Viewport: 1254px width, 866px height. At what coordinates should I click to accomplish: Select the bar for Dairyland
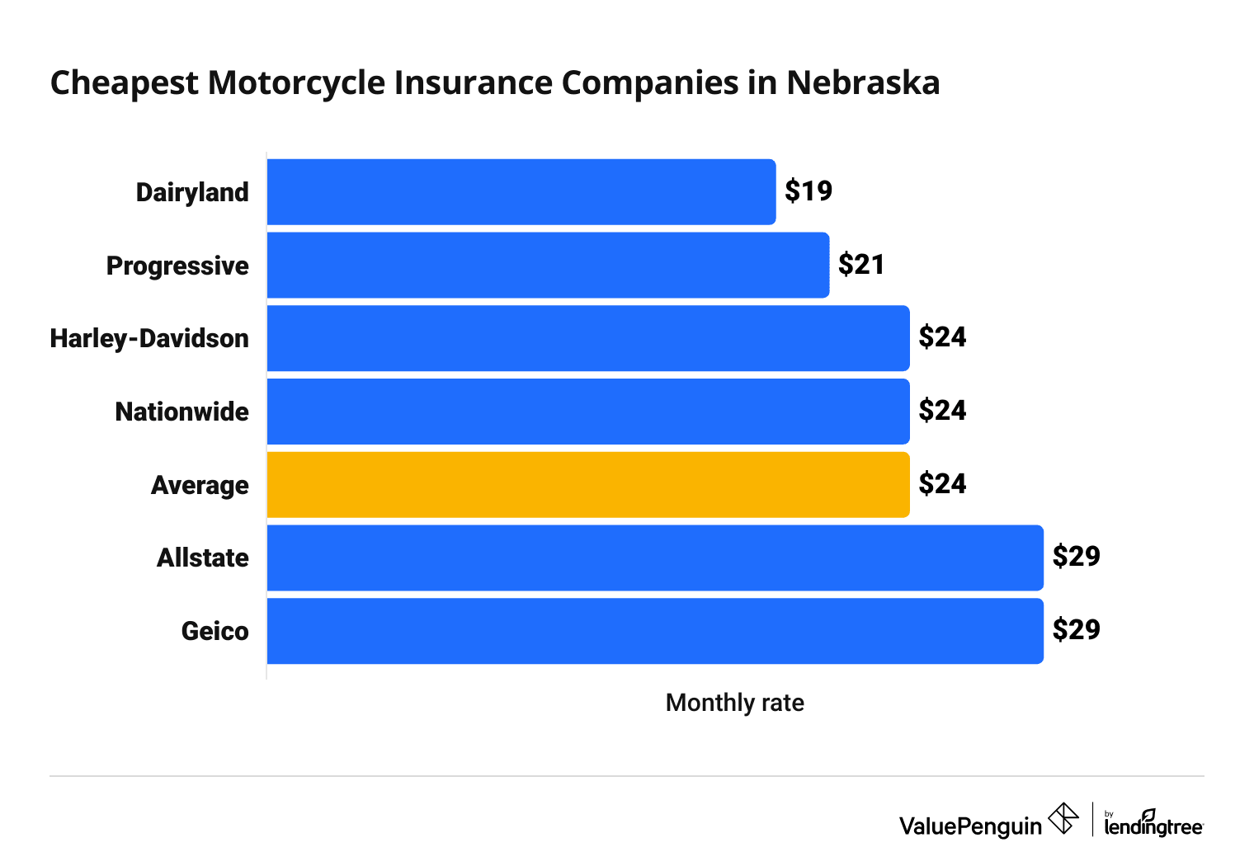click(x=521, y=192)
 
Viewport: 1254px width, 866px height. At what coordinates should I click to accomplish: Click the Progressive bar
click(x=548, y=265)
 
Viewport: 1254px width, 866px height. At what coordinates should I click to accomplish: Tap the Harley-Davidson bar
click(x=588, y=338)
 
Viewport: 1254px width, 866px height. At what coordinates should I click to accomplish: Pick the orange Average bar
click(x=588, y=484)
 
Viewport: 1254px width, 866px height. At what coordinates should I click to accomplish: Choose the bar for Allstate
click(x=655, y=558)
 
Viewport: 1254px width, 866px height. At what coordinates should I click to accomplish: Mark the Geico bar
click(x=655, y=631)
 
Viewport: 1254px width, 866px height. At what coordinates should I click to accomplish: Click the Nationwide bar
click(x=588, y=412)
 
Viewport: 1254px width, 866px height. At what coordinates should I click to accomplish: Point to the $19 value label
click(x=808, y=191)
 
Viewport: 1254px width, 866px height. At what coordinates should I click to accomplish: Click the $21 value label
click(x=861, y=265)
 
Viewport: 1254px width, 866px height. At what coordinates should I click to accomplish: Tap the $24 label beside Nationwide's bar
click(x=942, y=411)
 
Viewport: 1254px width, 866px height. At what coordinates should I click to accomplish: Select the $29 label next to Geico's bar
click(x=1076, y=630)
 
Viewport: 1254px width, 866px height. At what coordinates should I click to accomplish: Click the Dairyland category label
click(x=192, y=192)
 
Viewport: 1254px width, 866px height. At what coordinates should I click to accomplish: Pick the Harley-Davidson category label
click(x=149, y=338)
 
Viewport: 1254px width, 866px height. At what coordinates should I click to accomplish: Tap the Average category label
click(x=200, y=485)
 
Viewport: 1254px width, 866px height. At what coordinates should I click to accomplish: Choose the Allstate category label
click(x=203, y=558)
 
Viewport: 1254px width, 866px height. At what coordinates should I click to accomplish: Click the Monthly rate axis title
click(x=734, y=703)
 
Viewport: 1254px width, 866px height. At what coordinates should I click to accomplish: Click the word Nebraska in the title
click(x=863, y=83)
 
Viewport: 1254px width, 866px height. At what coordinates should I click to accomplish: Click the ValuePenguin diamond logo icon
click(x=1063, y=818)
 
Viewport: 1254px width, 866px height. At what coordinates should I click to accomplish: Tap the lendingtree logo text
click(x=1153, y=826)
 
